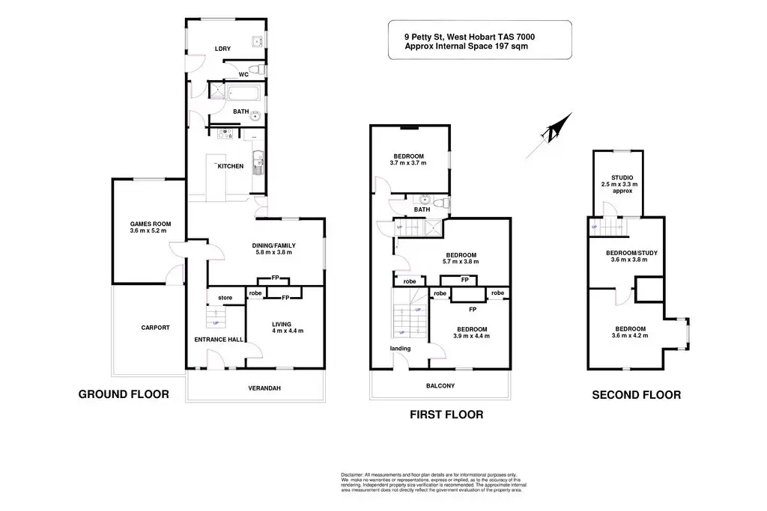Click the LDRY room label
point(222,49)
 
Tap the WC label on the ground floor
point(243,75)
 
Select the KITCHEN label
point(230,166)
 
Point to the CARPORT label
point(155,328)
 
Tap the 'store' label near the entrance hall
point(225,298)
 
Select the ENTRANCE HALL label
point(219,340)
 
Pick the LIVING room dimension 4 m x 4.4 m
point(288,331)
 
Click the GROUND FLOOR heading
point(124,394)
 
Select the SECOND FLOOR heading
point(637,395)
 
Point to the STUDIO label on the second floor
point(622,177)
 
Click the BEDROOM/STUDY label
point(631,253)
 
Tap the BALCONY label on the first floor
point(440,386)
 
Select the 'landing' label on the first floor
point(400,348)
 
